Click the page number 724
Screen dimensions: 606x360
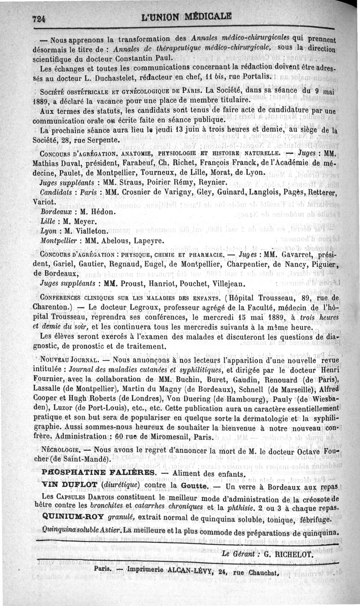(x=40, y=18)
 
